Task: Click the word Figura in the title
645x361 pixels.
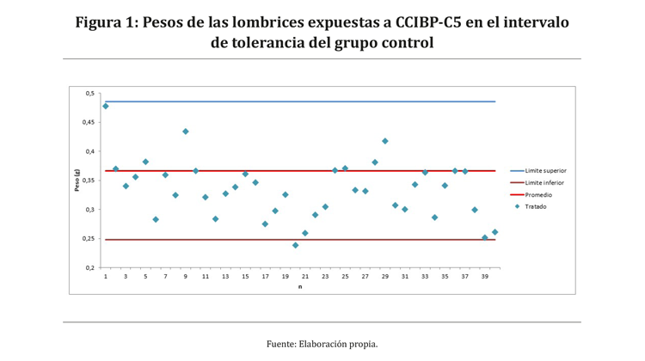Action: [x=98, y=22]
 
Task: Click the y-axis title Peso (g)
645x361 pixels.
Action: [x=77, y=180]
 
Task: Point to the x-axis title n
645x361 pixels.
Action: [x=299, y=286]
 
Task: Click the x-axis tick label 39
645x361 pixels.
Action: [x=485, y=277]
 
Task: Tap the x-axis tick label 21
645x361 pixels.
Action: [x=305, y=277]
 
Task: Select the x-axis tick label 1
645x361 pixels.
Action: [x=106, y=277]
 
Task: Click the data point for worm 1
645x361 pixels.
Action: [x=106, y=106]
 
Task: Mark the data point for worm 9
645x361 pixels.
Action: [x=186, y=132]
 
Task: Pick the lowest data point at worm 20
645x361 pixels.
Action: [x=295, y=245]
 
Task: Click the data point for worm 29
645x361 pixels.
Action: [x=385, y=141]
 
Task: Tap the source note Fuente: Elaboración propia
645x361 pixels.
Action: [x=322, y=344]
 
